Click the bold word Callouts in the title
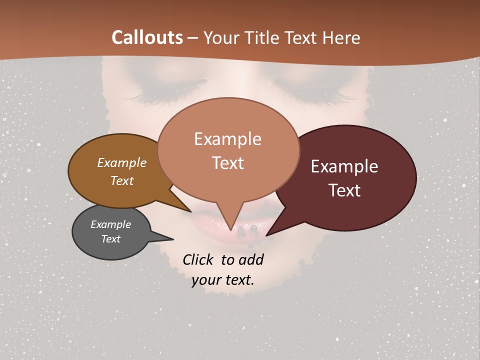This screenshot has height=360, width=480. [147, 37]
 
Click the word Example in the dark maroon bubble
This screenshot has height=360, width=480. [344, 166]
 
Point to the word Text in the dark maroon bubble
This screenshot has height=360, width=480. [345, 190]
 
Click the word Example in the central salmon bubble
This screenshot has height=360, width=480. [227, 139]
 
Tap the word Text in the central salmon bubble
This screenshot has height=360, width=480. [228, 163]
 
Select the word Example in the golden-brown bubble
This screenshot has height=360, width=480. [122, 162]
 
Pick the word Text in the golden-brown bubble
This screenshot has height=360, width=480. [122, 180]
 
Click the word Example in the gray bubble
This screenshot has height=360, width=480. [111, 224]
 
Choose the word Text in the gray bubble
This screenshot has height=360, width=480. [111, 239]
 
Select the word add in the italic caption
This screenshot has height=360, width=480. [251, 259]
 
